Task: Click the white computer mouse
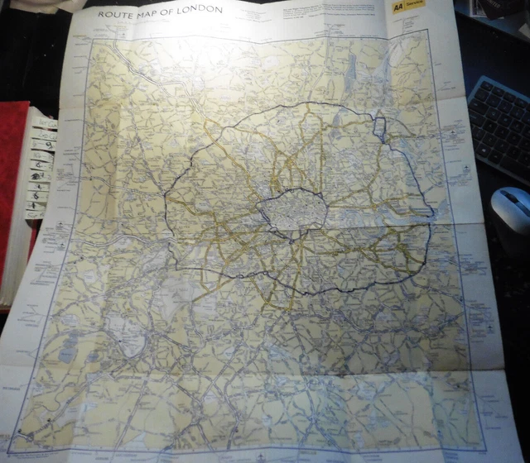click(x=510, y=209)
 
